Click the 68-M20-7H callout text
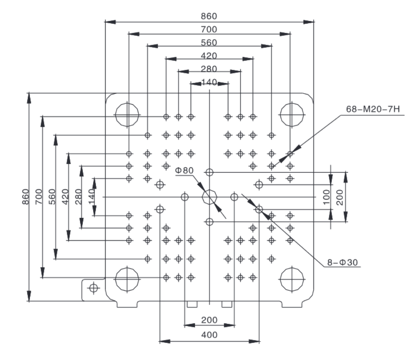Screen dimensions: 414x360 pos(373,109)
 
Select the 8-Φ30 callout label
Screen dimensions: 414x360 pos(342,263)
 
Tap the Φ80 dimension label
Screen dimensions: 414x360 pos(184,170)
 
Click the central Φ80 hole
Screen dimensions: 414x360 pos(209,197)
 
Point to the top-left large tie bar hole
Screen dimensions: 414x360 pos(127,115)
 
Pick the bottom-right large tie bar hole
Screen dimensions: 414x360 pos(292,280)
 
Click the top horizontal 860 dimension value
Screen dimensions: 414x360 pos(209,17)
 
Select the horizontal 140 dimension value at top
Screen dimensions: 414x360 pos(209,82)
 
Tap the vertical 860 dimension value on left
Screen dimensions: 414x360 pos(26,197)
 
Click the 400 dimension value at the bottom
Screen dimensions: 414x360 pos(209,335)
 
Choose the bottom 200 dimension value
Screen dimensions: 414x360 pos(209,320)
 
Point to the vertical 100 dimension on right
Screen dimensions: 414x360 pos(327,197)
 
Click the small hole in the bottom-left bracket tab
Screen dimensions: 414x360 pos(94,288)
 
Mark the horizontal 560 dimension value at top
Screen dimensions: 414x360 pos(209,43)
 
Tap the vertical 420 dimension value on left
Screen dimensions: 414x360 pos(65,197)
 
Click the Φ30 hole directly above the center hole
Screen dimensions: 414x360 pos(209,173)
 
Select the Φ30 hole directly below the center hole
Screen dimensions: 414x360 pos(209,222)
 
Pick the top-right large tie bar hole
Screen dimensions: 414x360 pos(292,115)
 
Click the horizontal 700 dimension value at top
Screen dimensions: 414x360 pos(209,29)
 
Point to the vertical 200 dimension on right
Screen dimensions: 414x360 pos(340,197)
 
